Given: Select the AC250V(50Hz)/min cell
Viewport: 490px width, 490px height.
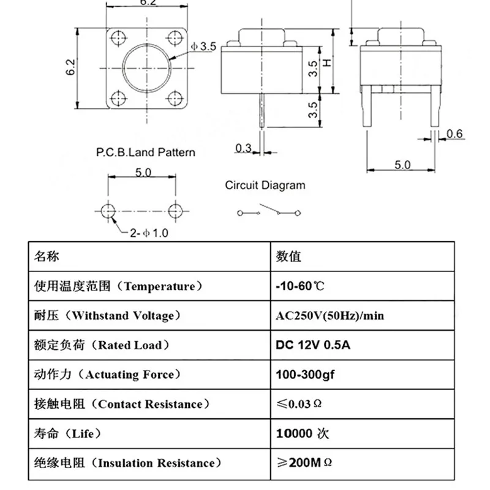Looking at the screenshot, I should click(x=330, y=315).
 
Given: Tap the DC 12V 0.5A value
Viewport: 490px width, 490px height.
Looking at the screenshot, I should click(x=313, y=345).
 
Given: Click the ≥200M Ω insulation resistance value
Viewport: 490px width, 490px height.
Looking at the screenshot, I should click(x=304, y=462).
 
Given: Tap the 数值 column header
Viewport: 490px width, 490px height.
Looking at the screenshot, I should click(x=288, y=256).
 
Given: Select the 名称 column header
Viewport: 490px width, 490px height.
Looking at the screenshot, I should click(x=47, y=256).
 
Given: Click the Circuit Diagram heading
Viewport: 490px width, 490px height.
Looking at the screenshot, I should click(x=265, y=185).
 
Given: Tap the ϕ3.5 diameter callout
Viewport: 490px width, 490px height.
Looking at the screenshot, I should click(x=204, y=46).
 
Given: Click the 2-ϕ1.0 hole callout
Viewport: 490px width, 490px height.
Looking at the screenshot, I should click(x=145, y=233).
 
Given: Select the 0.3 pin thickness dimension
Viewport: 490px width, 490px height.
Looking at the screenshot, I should click(x=243, y=147).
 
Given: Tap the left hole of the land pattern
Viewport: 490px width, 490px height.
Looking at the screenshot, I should click(x=108, y=210).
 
